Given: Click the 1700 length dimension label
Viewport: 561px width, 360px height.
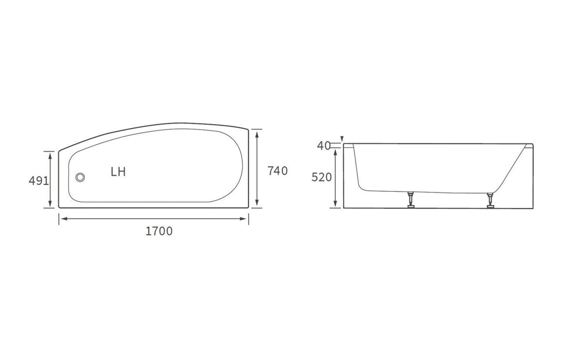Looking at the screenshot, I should click(x=159, y=231).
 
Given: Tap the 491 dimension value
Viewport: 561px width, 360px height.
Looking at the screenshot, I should click(x=39, y=181).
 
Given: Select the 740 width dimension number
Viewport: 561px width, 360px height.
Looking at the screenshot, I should click(x=277, y=171).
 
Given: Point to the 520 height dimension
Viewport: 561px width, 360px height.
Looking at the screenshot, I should click(x=322, y=178).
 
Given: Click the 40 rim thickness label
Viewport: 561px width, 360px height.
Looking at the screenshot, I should click(x=323, y=146).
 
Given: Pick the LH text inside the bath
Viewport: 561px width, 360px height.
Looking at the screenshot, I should click(x=118, y=172).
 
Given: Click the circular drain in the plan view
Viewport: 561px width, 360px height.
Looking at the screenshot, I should click(x=80, y=177).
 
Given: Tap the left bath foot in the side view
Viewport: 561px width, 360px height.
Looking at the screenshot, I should click(x=410, y=201).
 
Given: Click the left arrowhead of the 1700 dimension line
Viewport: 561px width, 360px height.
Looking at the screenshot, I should click(x=62, y=219).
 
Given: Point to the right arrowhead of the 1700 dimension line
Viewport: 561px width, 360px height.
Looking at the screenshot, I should click(x=245, y=219).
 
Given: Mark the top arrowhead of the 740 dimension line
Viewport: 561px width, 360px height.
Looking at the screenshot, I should click(x=257, y=132).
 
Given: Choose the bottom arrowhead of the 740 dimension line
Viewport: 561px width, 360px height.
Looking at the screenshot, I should click(x=257, y=205).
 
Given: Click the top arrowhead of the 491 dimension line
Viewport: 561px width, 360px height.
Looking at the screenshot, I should click(x=50, y=154).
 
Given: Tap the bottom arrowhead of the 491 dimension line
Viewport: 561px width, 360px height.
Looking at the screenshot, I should click(x=50, y=205).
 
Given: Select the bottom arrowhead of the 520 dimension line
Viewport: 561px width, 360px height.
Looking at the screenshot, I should click(x=336, y=205).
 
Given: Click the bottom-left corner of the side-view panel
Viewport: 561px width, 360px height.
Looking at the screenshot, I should click(x=343, y=208).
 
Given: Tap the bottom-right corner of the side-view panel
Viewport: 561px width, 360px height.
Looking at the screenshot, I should click(x=533, y=208).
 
